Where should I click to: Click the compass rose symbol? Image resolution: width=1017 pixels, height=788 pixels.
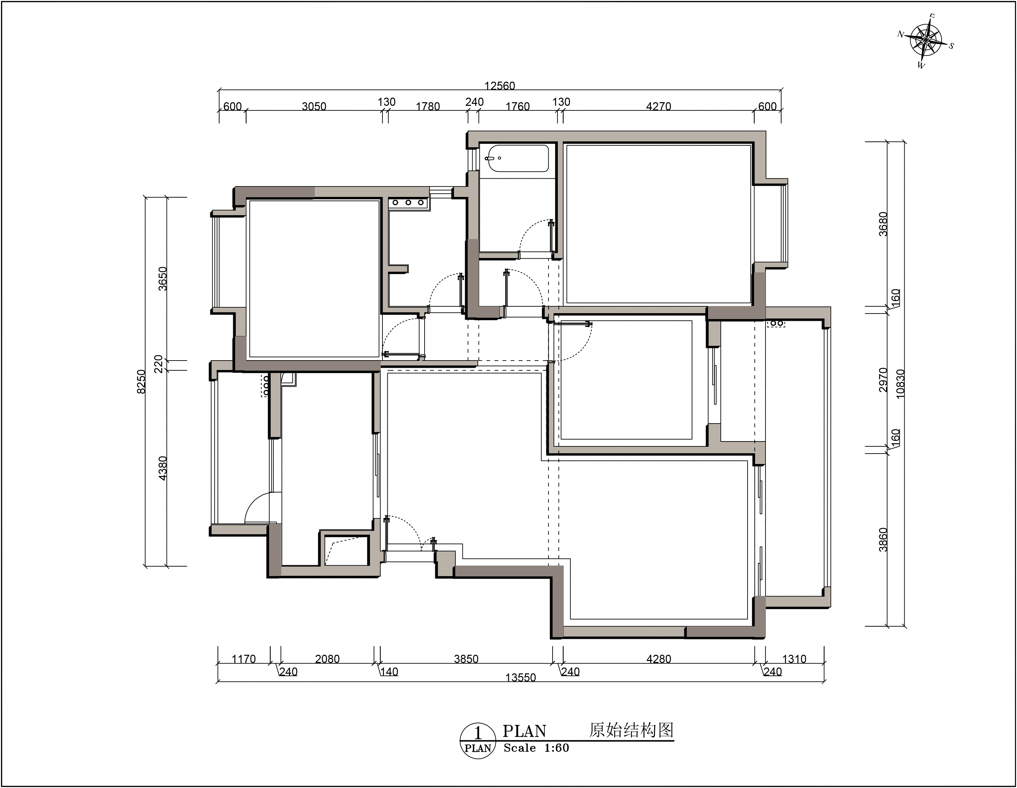[926, 40]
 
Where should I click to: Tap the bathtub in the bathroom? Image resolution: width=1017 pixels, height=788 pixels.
[517, 159]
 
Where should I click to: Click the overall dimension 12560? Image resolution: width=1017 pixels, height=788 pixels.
[500, 86]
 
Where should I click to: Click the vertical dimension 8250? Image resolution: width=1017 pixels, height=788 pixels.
[141, 381]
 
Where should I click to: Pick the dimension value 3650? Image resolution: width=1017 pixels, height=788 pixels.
[163, 279]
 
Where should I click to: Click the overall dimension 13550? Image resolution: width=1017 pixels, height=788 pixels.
[521, 678]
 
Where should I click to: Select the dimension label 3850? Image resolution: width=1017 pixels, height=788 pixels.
[466, 659]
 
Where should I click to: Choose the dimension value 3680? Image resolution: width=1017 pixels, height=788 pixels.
[883, 224]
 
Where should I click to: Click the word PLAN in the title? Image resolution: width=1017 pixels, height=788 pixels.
[524, 731]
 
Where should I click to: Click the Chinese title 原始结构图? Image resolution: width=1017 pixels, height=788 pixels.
[631, 730]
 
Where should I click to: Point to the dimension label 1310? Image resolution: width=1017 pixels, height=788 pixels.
[794, 659]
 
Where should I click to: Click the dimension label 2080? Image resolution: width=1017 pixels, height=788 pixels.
[327, 659]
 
